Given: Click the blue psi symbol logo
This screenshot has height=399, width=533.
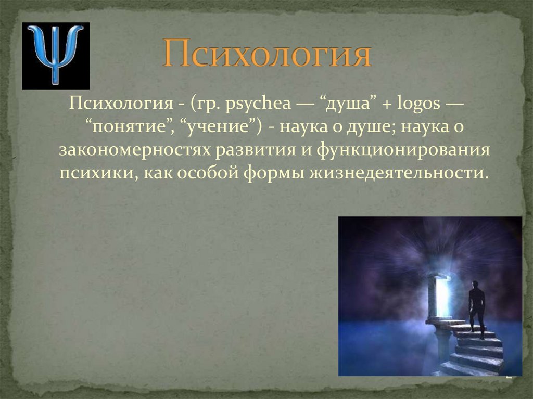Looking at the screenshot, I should pos(55,56).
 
